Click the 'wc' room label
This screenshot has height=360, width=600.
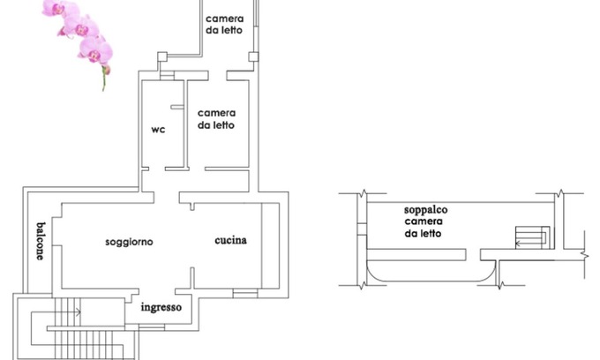(x=158, y=130)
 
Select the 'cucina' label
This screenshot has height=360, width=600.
(x=231, y=240)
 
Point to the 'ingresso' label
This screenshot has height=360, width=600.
(x=161, y=307)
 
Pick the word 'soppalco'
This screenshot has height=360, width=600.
(x=426, y=211)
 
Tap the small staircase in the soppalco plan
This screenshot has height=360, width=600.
(x=532, y=238)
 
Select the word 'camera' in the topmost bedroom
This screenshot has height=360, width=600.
(x=225, y=19)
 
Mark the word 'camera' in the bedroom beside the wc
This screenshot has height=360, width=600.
(x=216, y=113)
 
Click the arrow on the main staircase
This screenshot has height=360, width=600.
(x=78, y=311)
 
